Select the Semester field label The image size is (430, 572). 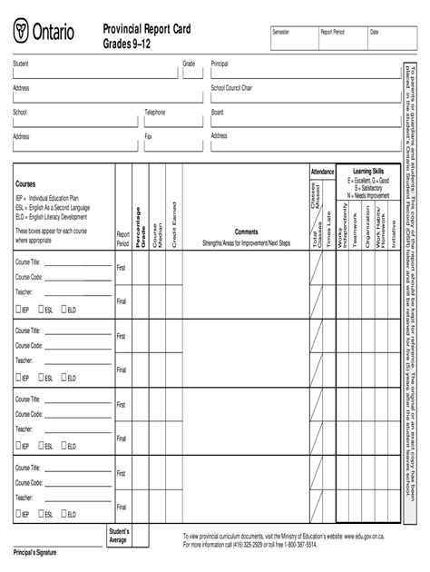tap(282, 32)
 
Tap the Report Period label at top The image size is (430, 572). tap(332, 32)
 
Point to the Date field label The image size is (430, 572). tap(374, 32)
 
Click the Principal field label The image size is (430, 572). tap(220, 64)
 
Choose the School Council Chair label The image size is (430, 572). tap(231, 88)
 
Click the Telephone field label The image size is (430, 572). tap(155, 113)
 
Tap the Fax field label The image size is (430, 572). tap(148, 136)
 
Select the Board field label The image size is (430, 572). tap(217, 113)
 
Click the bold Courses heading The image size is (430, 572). tap(25, 183)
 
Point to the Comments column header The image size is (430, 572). tap(246, 231)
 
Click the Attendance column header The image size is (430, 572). tap(322, 171)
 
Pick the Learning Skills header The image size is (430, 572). tap(368, 171)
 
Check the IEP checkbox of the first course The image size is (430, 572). tap(17, 310)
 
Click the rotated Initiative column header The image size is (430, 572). tap(393, 235)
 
